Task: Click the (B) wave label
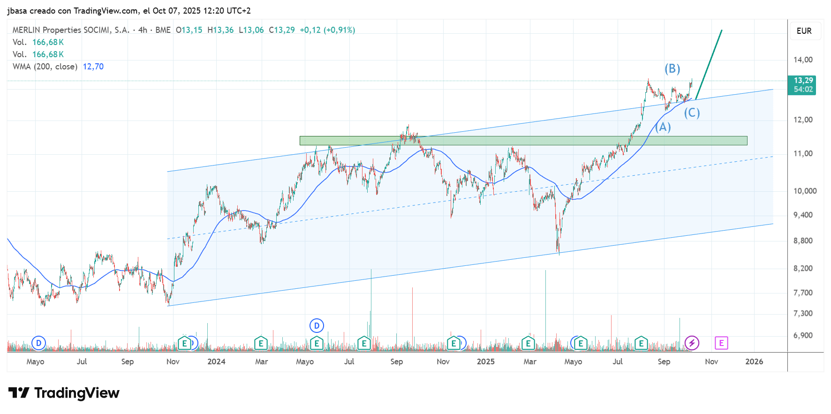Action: click(x=672, y=69)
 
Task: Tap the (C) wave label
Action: click(x=692, y=113)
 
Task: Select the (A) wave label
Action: click(x=663, y=127)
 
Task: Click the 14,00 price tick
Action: click(x=803, y=60)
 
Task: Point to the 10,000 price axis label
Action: click(x=805, y=191)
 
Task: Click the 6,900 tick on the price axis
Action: click(x=803, y=335)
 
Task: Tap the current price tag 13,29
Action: click(x=803, y=81)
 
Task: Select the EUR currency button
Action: click(x=804, y=31)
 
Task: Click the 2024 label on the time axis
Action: click(x=216, y=361)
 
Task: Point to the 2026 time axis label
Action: click(x=754, y=361)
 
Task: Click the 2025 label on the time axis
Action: click(x=485, y=361)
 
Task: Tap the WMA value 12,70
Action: click(x=93, y=67)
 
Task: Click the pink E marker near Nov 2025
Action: click(x=721, y=343)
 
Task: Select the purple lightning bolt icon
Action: click(x=692, y=343)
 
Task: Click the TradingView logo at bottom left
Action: click(x=64, y=393)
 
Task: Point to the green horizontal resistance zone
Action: click(x=523, y=141)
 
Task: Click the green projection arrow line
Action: click(x=709, y=65)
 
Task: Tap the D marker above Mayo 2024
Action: click(x=317, y=325)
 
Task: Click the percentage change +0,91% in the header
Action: click(x=339, y=30)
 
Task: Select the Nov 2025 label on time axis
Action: click(x=711, y=361)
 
